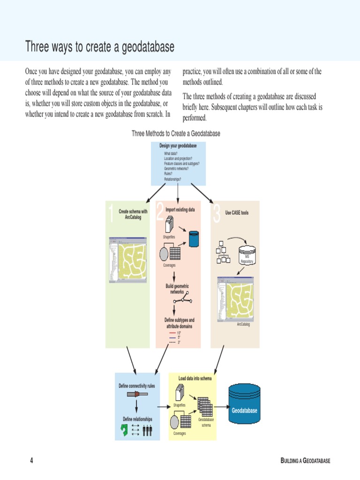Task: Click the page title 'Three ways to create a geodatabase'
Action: pos(99,47)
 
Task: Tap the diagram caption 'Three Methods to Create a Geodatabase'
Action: pos(176,134)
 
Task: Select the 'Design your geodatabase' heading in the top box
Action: pos(178,146)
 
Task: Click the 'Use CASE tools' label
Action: pos(237,213)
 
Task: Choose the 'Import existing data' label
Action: pos(180,210)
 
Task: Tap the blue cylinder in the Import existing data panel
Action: pos(194,239)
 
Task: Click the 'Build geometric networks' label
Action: pos(177,289)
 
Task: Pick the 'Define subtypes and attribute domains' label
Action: pos(179,323)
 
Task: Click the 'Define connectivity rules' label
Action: pos(136,386)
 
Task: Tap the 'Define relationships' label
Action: pos(137,419)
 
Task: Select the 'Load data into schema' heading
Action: pos(195,378)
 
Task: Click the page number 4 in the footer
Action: pos(31,461)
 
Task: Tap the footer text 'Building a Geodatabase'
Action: pos(305,461)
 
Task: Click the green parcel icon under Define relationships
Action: pos(125,430)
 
